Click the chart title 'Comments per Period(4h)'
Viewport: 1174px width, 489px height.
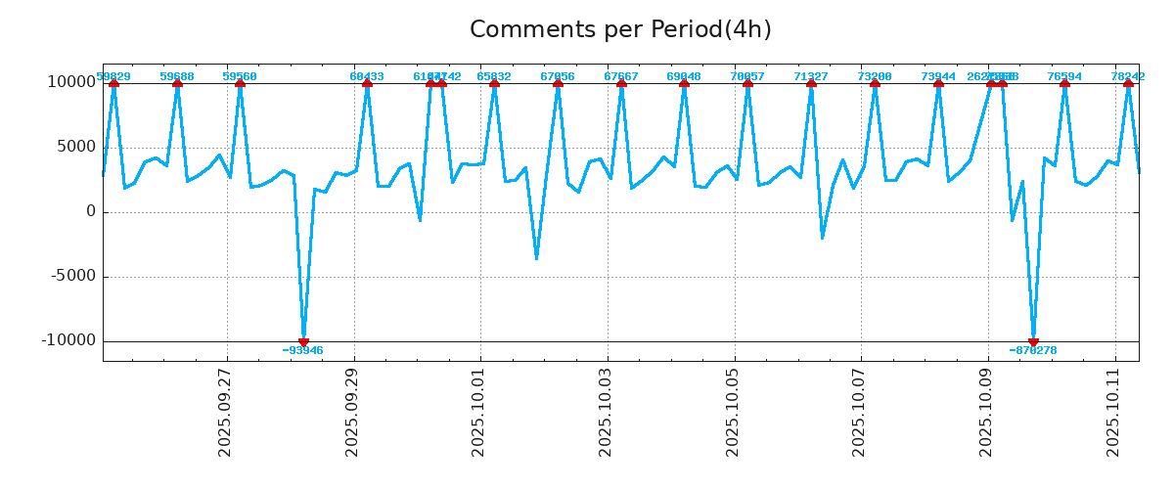tap(620, 30)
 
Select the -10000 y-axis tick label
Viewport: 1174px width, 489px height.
tap(68, 341)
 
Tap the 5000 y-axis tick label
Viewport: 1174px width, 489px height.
tap(75, 147)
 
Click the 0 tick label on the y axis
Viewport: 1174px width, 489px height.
tap(91, 211)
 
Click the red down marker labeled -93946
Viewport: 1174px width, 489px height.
tap(303, 341)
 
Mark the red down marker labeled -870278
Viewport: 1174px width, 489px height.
tap(1033, 341)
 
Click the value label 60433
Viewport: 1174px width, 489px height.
tap(367, 76)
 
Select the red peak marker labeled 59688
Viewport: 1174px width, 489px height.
tap(177, 83)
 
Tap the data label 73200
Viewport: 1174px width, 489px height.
tap(875, 76)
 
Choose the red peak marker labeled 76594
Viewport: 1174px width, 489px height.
tap(1064, 83)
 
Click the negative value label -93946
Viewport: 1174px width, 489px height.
tap(303, 351)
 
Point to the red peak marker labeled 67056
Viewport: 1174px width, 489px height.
tap(558, 83)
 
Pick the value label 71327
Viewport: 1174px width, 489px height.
tap(811, 76)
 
